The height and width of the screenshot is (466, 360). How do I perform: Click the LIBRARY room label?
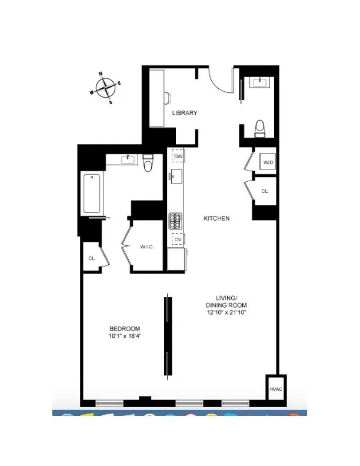[x=184, y=113]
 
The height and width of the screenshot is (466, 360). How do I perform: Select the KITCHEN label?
[x=216, y=218]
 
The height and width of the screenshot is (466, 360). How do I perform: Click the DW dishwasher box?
[x=177, y=156]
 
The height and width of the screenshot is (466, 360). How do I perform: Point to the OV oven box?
[x=177, y=239]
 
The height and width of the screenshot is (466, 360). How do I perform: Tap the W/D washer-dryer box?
[x=268, y=162]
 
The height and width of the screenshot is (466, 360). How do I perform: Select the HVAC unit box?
[x=275, y=389]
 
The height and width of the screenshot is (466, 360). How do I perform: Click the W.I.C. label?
[x=147, y=247]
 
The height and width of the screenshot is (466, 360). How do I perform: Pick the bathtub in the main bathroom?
[x=92, y=193]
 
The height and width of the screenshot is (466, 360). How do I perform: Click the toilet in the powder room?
[x=259, y=128]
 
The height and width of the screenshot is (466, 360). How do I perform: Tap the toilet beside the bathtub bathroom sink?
[x=148, y=162]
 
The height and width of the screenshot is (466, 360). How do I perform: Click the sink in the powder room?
[x=259, y=82]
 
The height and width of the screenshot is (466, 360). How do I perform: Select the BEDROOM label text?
[x=125, y=328]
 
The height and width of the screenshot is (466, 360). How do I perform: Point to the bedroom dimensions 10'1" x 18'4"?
[x=125, y=336]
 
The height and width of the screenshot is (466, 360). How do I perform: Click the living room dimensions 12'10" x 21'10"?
[x=226, y=312]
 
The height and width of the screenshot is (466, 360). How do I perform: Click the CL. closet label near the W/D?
[x=265, y=191]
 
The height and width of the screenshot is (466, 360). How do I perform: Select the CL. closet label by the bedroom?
[x=91, y=258]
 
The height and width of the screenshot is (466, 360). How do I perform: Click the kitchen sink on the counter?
[x=176, y=176]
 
